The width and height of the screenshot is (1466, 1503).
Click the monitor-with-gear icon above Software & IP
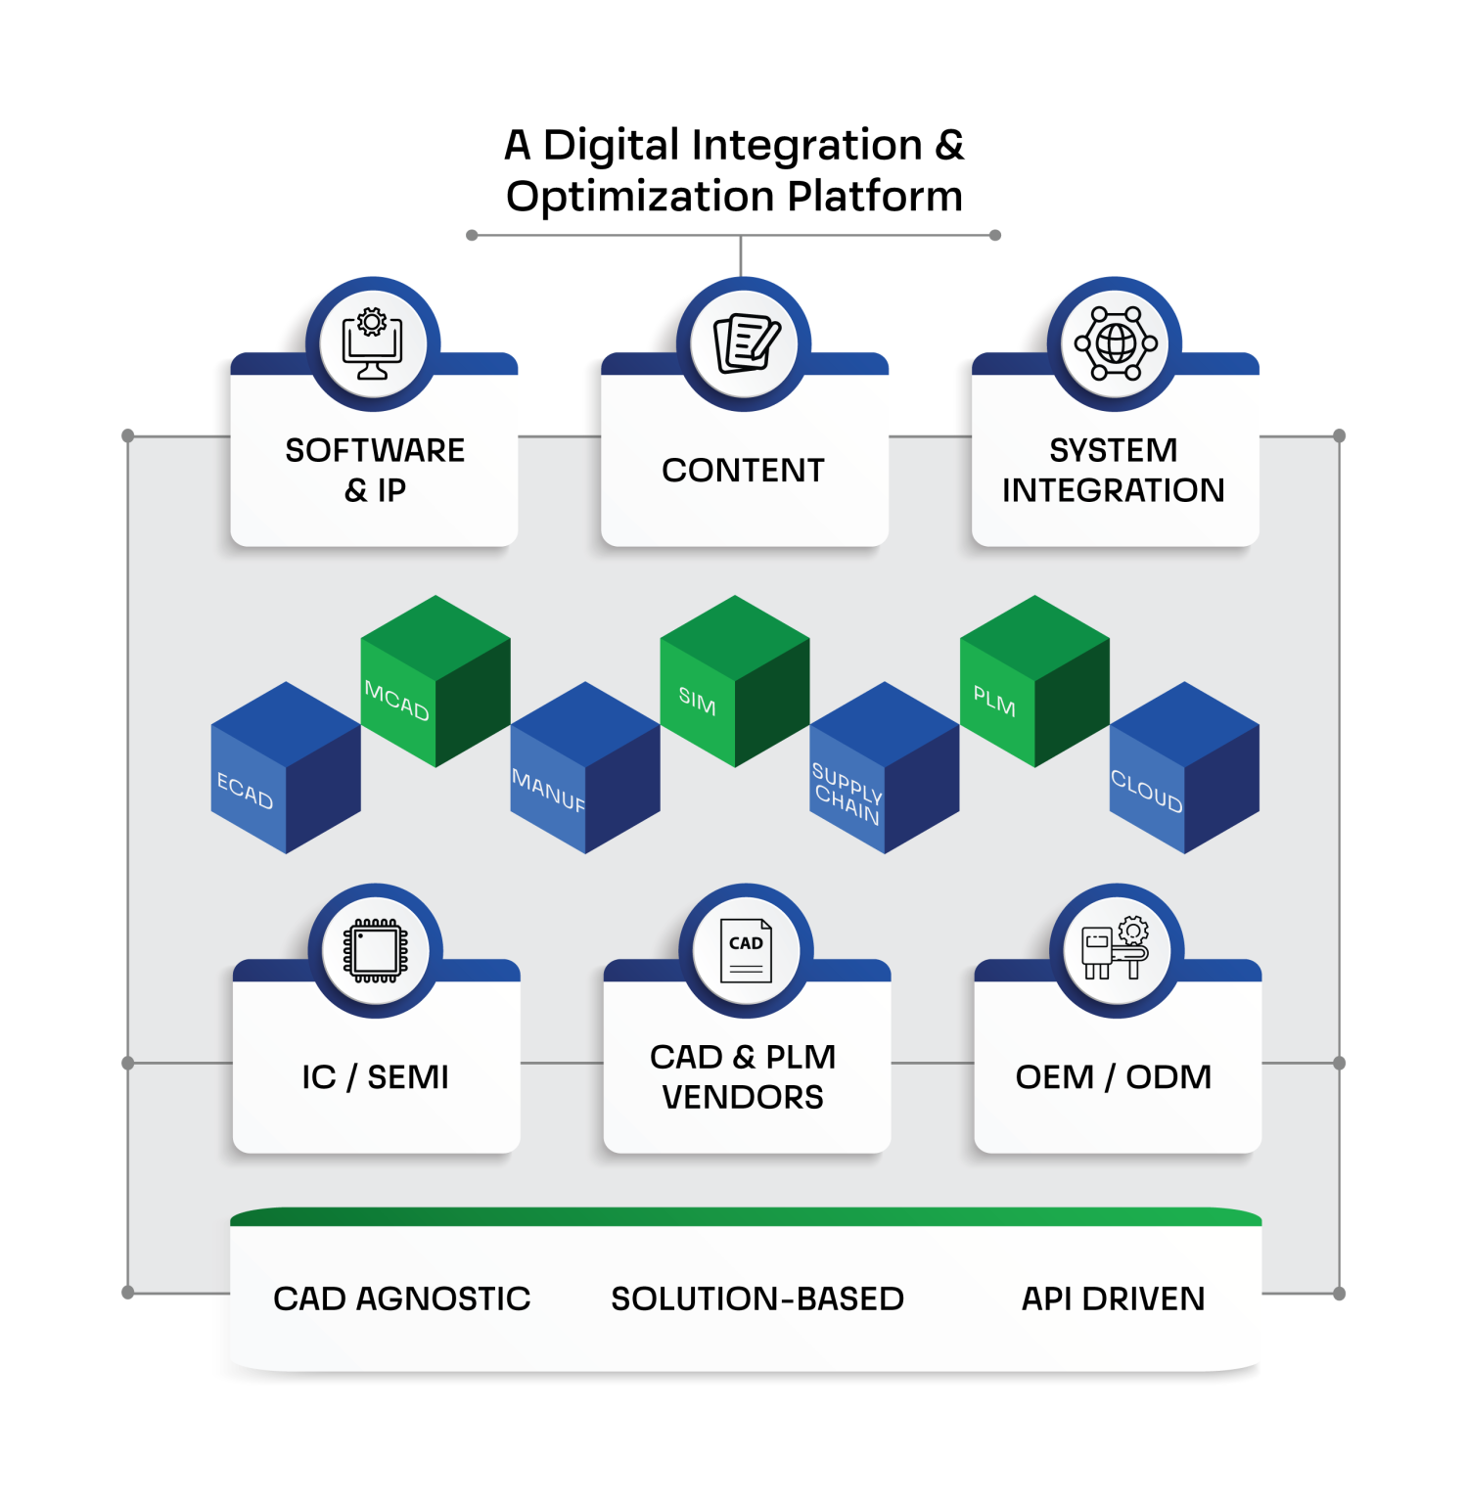[372, 343]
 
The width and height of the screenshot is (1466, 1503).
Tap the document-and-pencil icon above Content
[745, 343]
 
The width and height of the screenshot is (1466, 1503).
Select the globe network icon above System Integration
[1115, 343]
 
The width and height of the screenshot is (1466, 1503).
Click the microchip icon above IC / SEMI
[375, 950]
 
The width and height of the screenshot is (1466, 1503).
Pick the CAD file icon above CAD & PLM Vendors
[746, 950]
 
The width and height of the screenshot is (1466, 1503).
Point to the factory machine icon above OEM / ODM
[1116, 950]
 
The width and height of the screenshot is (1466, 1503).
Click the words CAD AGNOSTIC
[401, 1298]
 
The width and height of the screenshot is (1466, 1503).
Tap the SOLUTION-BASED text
[756, 1298]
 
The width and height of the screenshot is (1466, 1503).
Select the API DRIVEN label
[1113, 1298]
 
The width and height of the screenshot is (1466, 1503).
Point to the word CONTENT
[743, 471]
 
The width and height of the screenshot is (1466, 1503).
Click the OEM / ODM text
[1113, 1077]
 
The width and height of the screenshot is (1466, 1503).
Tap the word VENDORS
[743, 1098]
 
